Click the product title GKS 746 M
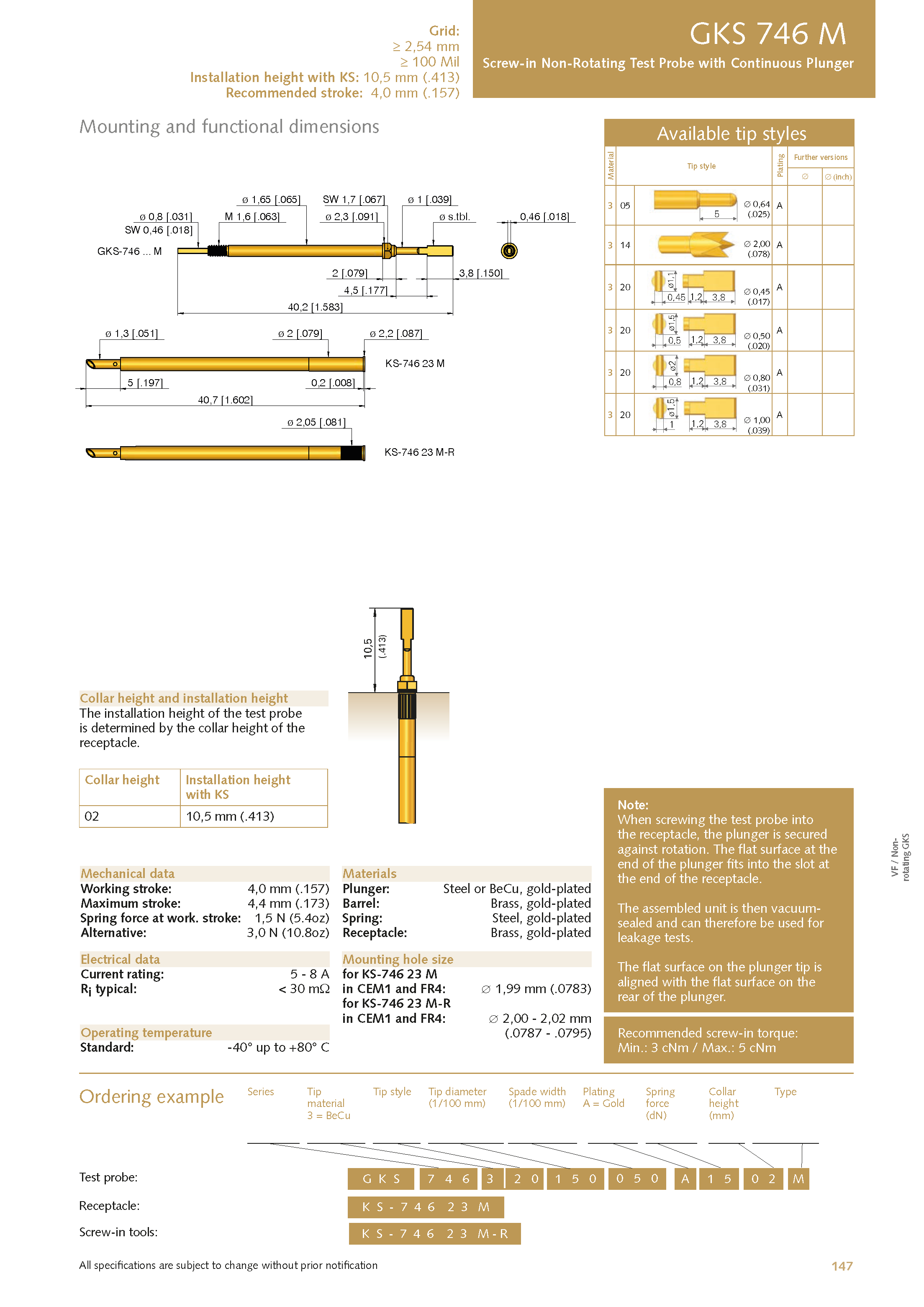click(767, 34)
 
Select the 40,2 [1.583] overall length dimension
click(315, 307)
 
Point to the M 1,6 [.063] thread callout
click(252, 216)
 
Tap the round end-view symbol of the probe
click(509, 250)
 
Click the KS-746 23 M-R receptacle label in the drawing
click(419, 452)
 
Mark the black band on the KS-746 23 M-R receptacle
click(352, 452)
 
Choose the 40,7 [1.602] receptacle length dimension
click(225, 400)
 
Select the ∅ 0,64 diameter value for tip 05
click(757, 204)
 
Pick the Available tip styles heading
click(731, 133)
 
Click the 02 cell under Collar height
click(92, 817)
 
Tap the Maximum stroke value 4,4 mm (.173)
click(288, 904)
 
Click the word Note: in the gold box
click(632, 805)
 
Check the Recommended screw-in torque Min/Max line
click(696, 1048)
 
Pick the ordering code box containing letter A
click(685, 1179)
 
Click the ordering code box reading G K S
click(381, 1179)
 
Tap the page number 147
click(842, 1266)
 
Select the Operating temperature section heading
click(146, 1032)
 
